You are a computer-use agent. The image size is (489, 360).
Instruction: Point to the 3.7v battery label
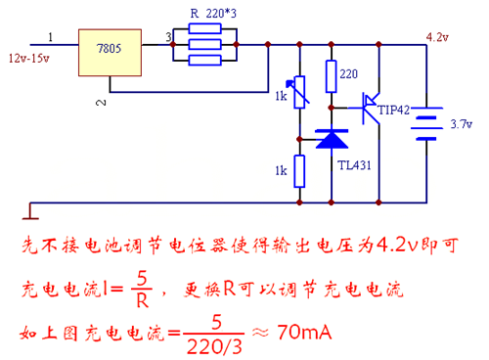click(461, 124)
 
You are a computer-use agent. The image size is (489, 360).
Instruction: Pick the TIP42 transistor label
click(396, 110)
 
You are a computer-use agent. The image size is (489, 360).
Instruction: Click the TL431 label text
click(354, 164)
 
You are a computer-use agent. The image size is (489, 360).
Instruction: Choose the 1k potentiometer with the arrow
click(296, 96)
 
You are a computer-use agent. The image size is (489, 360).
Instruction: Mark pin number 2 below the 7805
click(97, 102)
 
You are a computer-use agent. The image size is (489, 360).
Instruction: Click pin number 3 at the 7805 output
click(168, 37)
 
